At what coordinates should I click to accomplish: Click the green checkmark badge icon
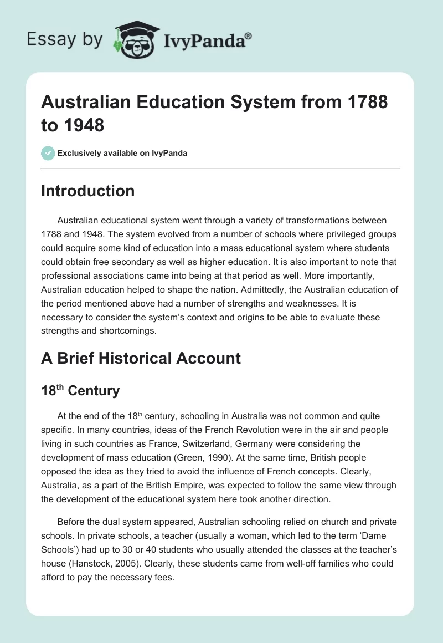(48, 153)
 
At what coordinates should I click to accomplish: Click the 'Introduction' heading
(87, 191)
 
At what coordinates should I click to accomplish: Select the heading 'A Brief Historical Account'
(141, 358)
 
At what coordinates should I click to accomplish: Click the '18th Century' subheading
(80, 390)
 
